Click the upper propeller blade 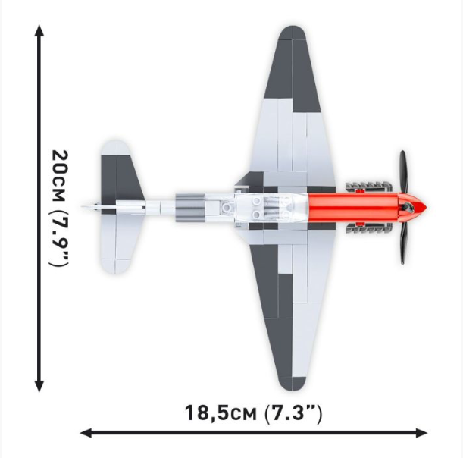pos(404,171)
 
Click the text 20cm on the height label pos(58,174)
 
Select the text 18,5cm pos(220,413)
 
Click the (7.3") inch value pos(294,413)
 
